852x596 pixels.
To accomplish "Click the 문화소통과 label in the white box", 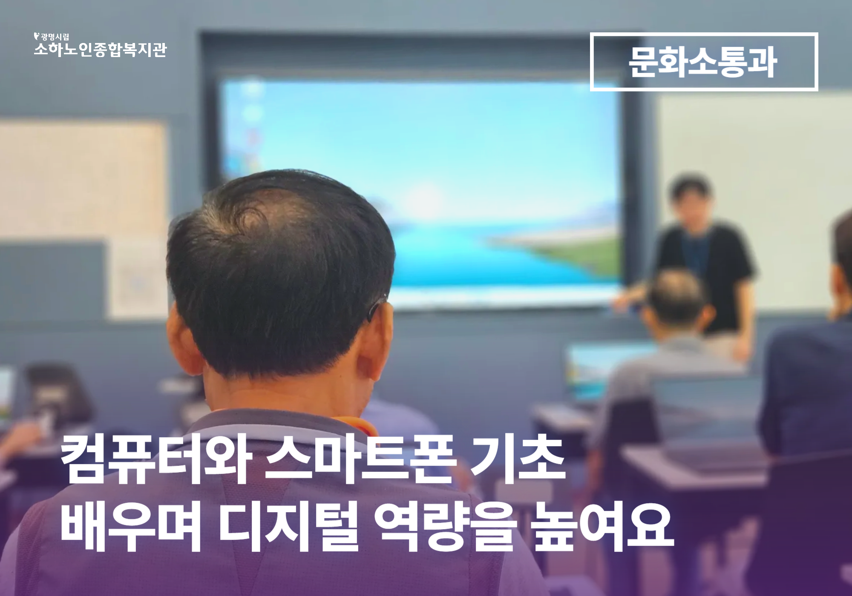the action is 703,62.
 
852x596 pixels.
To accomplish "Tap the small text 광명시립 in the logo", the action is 55,37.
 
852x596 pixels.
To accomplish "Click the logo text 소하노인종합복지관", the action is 101,50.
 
